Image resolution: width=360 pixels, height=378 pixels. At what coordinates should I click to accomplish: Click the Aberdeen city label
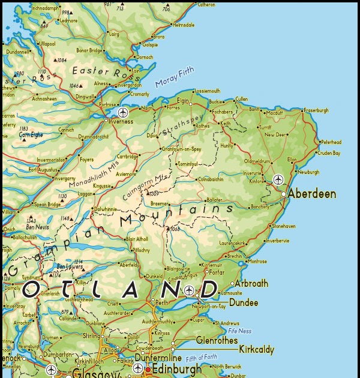point(311,194)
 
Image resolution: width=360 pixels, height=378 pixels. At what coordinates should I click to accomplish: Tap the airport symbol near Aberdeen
point(278,179)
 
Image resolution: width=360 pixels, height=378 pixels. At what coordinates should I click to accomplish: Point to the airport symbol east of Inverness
point(123,112)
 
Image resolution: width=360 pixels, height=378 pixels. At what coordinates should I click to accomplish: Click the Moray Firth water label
point(175,79)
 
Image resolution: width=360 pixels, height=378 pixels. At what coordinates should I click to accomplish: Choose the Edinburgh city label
point(176,369)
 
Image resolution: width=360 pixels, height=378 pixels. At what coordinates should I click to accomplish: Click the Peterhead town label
point(331,142)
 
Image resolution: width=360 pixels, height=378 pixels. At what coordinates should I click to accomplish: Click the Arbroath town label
point(251,283)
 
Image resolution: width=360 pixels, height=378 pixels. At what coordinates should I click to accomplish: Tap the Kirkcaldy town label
point(256,349)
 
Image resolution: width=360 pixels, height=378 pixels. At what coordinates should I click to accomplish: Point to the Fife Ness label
point(239,331)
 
